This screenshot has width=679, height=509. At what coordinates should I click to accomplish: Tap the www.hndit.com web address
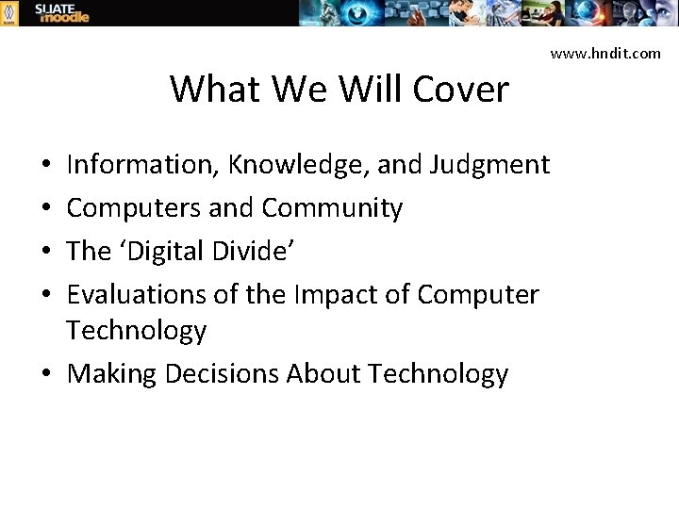pyautogui.click(x=605, y=54)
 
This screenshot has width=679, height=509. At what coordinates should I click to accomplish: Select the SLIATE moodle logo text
pyautogui.click(x=61, y=12)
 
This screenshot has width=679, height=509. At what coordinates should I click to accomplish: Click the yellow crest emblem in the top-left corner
pyautogui.click(x=8, y=12)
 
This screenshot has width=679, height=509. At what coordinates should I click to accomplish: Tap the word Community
pyautogui.click(x=332, y=207)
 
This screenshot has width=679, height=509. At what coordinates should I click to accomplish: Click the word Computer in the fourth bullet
pyautogui.click(x=478, y=294)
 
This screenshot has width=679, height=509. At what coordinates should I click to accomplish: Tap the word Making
pyautogui.click(x=112, y=374)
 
